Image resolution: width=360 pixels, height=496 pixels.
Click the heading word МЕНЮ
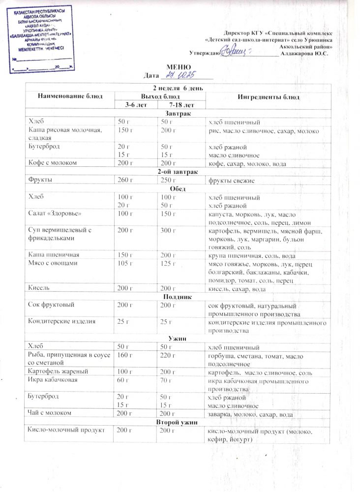pyautogui.click(x=176, y=67)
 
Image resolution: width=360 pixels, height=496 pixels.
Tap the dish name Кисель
pyautogui.click(x=40, y=288)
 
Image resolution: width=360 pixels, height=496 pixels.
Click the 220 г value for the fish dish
pyautogui.click(x=169, y=355)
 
